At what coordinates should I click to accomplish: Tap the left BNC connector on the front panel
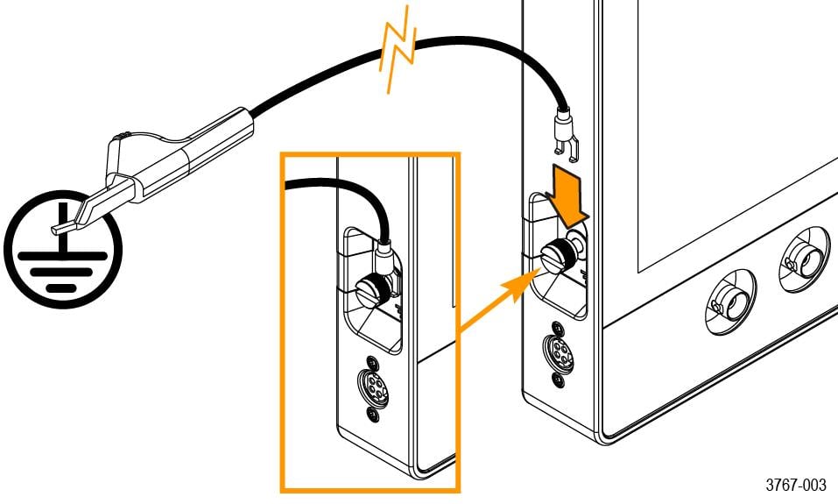(726, 303)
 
